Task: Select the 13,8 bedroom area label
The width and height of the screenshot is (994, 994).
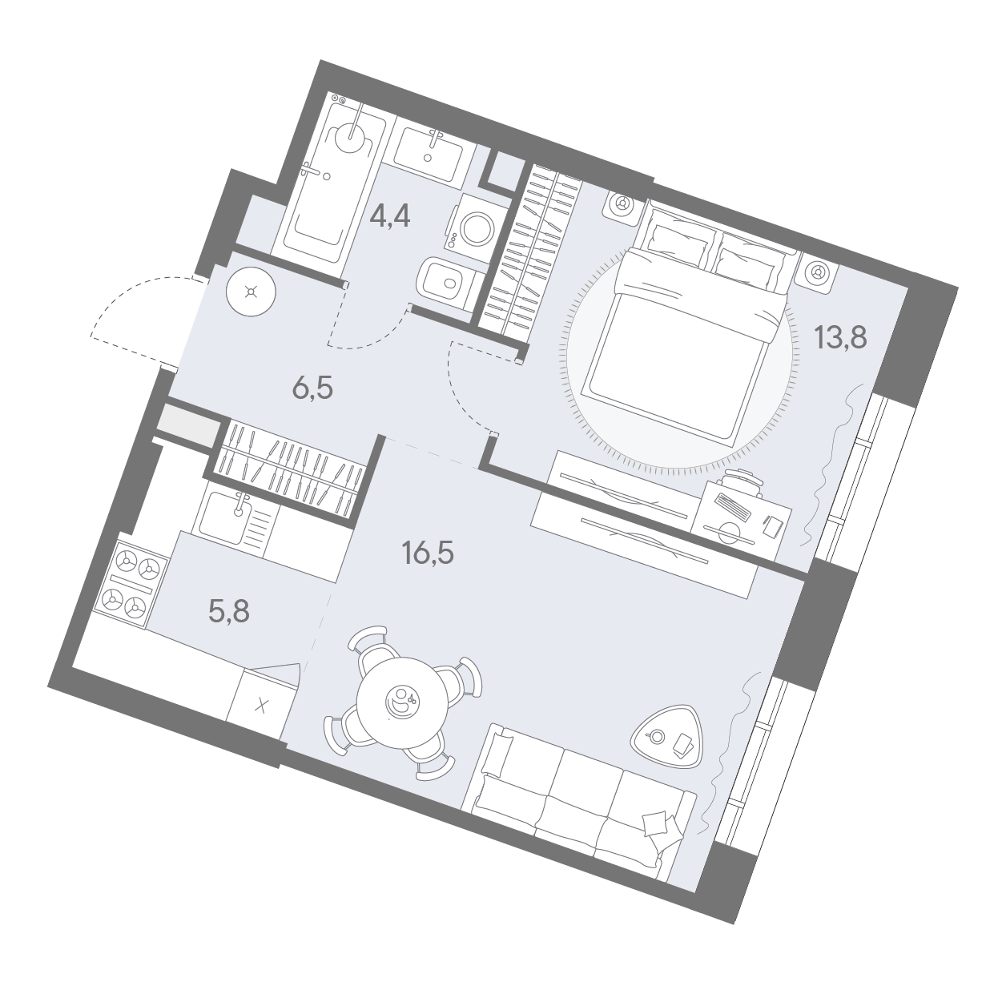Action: [841, 337]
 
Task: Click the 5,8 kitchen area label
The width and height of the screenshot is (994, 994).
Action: [229, 612]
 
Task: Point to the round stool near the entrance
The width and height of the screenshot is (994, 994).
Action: [252, 292]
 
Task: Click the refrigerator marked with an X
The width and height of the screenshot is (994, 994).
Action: [263, 705]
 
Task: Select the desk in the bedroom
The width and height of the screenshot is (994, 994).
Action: [742, 518]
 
